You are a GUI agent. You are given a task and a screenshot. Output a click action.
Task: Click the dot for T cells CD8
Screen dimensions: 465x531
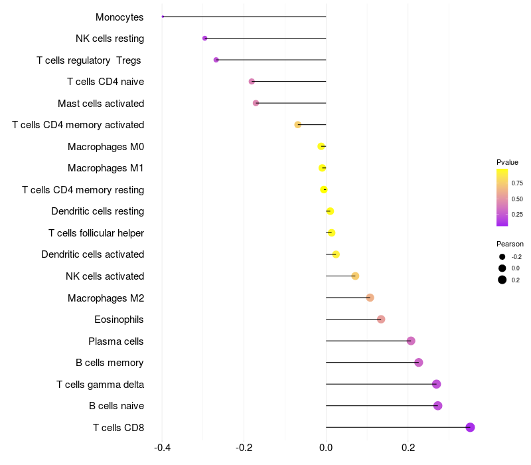[x=470, y=427]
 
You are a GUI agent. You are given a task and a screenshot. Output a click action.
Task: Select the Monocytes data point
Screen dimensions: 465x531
[x=163, y=17]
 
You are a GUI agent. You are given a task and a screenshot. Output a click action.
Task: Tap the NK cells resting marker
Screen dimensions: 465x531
[x=204, y=39]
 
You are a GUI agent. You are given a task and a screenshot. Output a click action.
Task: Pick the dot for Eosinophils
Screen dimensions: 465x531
[x=381, y=320]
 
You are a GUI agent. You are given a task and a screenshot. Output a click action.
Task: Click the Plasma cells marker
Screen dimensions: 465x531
[x=411, y=341]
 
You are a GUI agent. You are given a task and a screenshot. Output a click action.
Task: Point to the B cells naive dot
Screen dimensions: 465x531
[x=437, y=406]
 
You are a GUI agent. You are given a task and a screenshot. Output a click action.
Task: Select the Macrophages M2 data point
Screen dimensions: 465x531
[x=370, y=298]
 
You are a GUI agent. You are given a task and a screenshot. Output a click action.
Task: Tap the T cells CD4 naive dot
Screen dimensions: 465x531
[x=252, y=82]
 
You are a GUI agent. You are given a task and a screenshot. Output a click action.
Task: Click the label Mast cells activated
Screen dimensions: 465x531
[x=101, y=104]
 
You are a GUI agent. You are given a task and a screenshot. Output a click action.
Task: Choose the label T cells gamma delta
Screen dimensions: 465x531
[x=100, y=385]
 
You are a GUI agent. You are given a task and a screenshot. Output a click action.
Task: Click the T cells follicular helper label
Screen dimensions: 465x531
[x=96, y=233]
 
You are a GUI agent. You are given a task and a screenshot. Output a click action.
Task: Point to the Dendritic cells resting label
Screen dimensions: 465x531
[x=98, y=211]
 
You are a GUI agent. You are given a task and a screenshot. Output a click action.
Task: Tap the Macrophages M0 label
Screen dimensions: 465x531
[x=106, y=147]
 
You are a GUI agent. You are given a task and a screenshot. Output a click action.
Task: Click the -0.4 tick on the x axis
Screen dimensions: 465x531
[x=163, y=448]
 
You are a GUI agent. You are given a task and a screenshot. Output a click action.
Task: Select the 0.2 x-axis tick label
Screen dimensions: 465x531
[x=408, y=448]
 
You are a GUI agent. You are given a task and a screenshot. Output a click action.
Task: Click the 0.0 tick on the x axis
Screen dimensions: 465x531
[x=326, y=448]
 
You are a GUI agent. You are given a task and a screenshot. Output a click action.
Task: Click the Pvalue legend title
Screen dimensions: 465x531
[x=507, y=162]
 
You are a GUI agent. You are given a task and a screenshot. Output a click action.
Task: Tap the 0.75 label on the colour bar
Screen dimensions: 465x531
[x=517, y=183]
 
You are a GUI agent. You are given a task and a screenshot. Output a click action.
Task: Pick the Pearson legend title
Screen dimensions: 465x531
[x=510, y=244]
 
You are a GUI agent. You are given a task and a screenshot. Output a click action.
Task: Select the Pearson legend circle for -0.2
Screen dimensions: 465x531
[x=502, y=257]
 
